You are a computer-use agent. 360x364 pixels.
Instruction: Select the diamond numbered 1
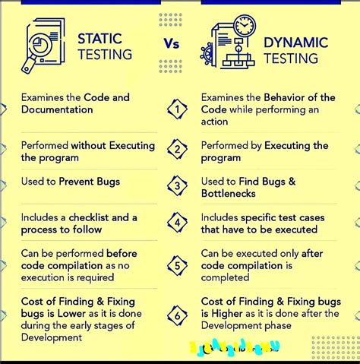click(x=177, y=109)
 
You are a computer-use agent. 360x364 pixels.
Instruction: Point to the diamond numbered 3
click(x=177, y=184)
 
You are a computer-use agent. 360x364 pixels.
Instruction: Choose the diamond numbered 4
click(x=177, y=223)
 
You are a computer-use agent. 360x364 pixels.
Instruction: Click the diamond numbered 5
click(x=177, y=265)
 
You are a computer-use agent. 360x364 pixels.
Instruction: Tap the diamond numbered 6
click(x=177, y=314)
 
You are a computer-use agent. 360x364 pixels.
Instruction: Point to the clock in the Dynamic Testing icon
click(x=244, y=27)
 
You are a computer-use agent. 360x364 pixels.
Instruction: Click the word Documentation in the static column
click(x=57, y=109)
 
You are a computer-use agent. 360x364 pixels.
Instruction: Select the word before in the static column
click(x=122, y=253)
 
